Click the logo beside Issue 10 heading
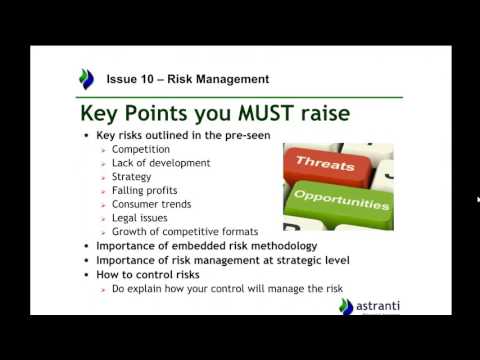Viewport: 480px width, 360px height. [x=87, y=78]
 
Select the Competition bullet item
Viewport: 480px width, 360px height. [x=141, y=150]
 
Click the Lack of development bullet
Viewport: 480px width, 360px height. [x=161, y=163]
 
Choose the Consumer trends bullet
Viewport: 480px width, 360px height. [x=152, y=204]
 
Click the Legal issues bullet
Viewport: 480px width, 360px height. [x=140, y=217]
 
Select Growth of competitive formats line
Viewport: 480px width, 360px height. [x=185, y=231]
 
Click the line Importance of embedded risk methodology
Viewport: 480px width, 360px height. [x=206, y=245]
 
